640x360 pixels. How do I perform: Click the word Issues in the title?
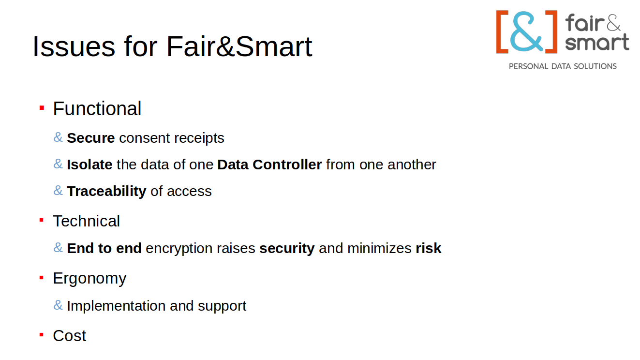74,46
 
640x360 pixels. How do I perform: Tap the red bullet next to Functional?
42,108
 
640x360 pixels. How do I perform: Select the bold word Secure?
91,138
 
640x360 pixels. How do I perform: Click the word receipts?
199,138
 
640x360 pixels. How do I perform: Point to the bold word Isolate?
89,165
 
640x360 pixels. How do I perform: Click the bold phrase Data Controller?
269,165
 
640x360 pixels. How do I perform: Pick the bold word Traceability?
106,192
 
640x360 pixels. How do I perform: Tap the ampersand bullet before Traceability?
58,190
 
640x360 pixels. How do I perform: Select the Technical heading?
86,221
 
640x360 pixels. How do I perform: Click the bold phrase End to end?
104,248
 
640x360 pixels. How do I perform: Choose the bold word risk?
428,248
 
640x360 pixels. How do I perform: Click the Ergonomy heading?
89,279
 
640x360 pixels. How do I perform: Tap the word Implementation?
116,306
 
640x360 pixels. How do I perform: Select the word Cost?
70,336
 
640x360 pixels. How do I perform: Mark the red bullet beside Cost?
42,334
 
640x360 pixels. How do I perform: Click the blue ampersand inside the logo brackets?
526,31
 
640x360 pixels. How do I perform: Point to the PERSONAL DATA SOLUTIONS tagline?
563,66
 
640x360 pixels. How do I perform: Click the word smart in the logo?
597,42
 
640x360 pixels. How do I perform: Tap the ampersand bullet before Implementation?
58,305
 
